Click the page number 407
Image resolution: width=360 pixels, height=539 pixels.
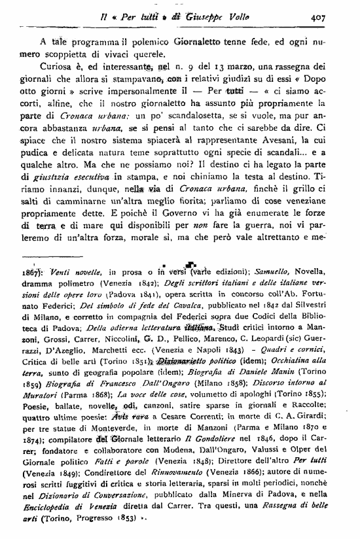tap(336, 19)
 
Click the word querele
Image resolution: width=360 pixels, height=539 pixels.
tap(149, 53)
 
